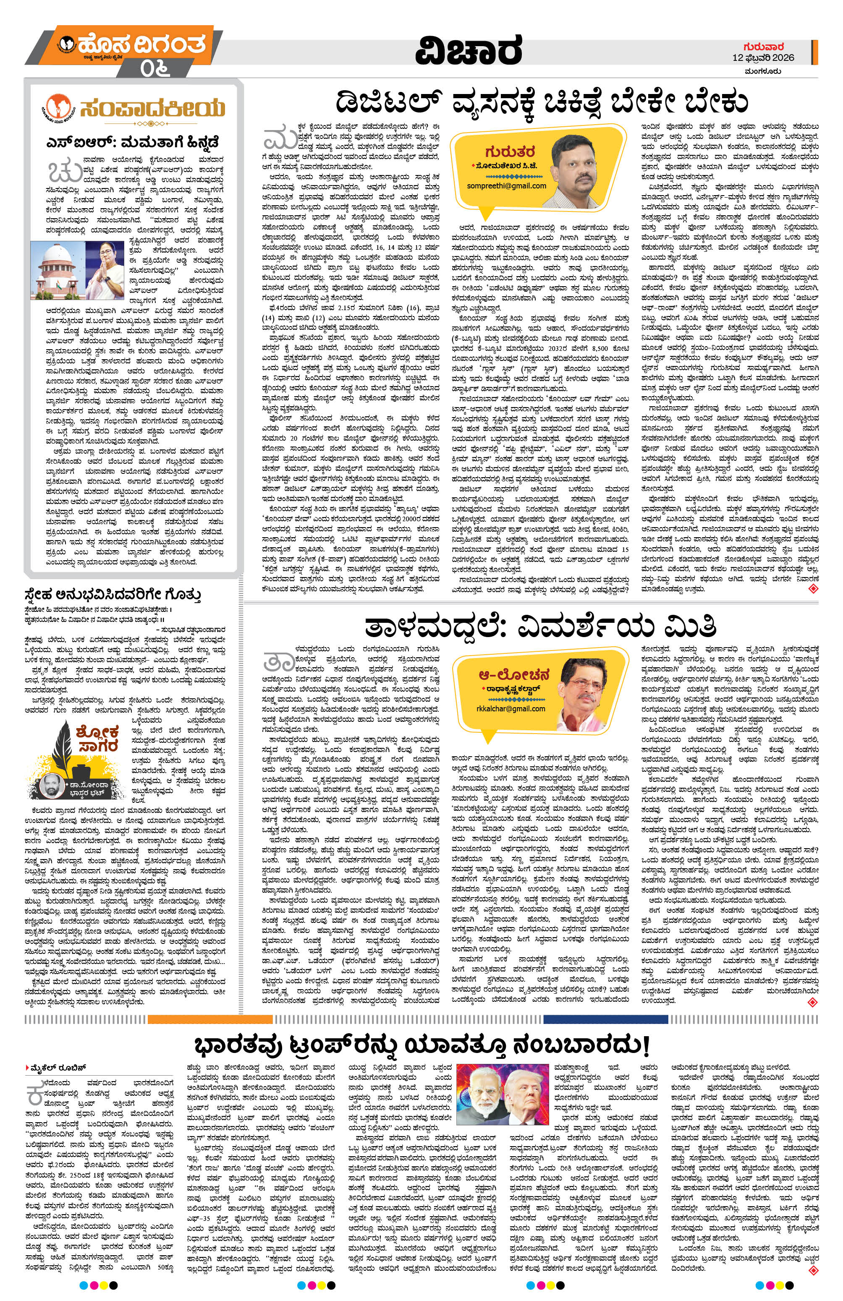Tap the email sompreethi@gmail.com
507,186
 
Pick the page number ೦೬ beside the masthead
154,68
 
